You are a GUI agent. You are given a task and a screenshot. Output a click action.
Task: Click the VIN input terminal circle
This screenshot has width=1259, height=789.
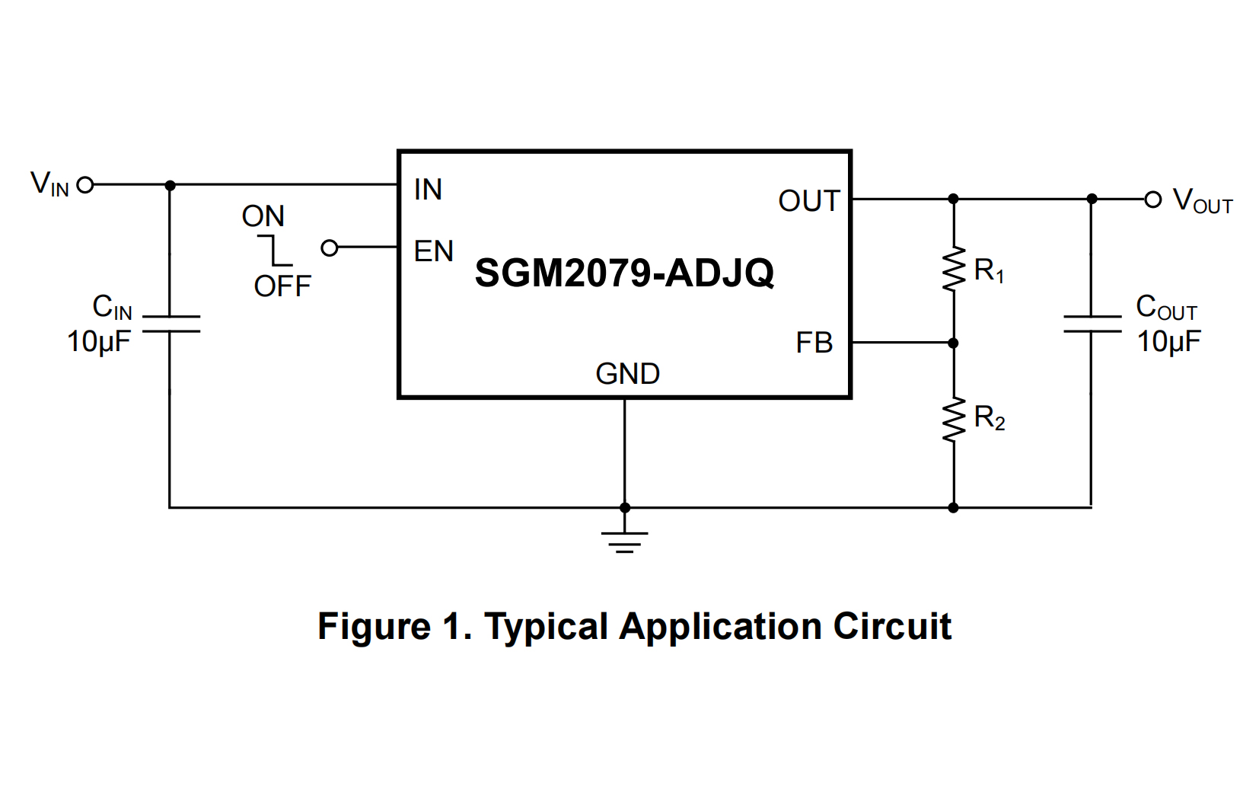(x=85, y=185)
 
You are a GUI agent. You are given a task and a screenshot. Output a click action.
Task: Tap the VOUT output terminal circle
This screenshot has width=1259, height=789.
(x=1153, y=200)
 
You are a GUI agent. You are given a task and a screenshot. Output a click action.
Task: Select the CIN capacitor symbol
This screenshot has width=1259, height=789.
(x=171, y=324)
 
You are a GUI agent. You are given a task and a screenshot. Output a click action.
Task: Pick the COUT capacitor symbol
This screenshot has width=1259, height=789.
(x=1092, y=324)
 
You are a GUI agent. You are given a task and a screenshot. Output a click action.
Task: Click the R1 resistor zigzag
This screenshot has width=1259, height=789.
(x=953, y=270)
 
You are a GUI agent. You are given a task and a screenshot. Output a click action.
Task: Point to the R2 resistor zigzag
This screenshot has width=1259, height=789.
(x=953, y=419)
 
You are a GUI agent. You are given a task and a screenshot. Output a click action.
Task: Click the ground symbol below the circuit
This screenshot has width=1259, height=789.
(x=624, y=540)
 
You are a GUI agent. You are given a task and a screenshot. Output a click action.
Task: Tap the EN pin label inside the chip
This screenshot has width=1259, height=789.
(x=433, y=251)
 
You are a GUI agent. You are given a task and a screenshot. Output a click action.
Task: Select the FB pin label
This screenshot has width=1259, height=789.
(x=814, y=343)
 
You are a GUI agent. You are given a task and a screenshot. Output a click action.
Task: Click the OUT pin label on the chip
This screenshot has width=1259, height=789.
(x=808, y=202)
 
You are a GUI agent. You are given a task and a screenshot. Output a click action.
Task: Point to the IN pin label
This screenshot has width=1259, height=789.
(x=428, y=190)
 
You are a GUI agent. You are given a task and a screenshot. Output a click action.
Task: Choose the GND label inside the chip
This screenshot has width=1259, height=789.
(x=627, y=374)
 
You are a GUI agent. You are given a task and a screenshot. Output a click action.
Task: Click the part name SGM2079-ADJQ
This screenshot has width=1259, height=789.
(x=624, y=273)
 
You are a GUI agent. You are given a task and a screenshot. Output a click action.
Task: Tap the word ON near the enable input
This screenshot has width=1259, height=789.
(x=263, y=217)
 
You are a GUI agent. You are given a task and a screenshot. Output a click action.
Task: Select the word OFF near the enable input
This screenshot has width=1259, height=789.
(x=282, y=287)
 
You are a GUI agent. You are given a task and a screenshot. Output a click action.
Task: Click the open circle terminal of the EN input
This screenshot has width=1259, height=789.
(x=330, y=248)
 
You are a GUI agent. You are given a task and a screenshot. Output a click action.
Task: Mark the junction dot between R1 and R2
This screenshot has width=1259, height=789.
(x=953, y=343)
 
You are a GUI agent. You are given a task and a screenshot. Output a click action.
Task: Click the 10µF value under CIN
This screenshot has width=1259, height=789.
(x=99, y=342)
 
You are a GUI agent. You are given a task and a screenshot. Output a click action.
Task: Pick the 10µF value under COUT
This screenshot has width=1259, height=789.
(x=1168, y=342)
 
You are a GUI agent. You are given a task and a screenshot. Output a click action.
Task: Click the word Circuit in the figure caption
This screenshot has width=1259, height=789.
(x=891, y=627)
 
